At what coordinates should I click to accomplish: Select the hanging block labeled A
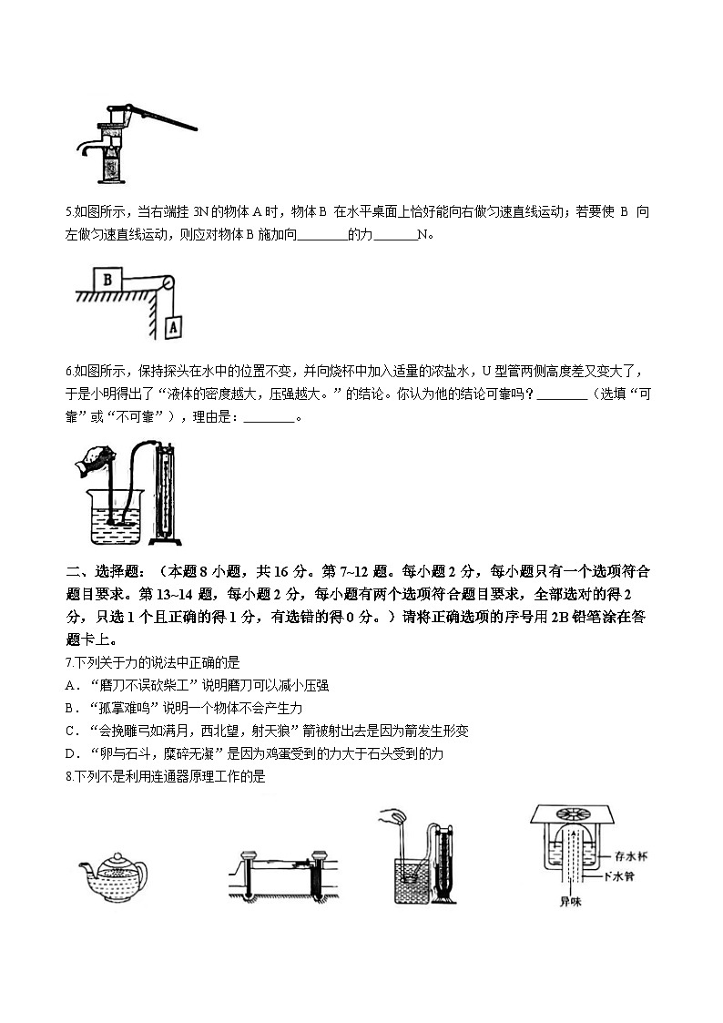[x=174, y=323]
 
